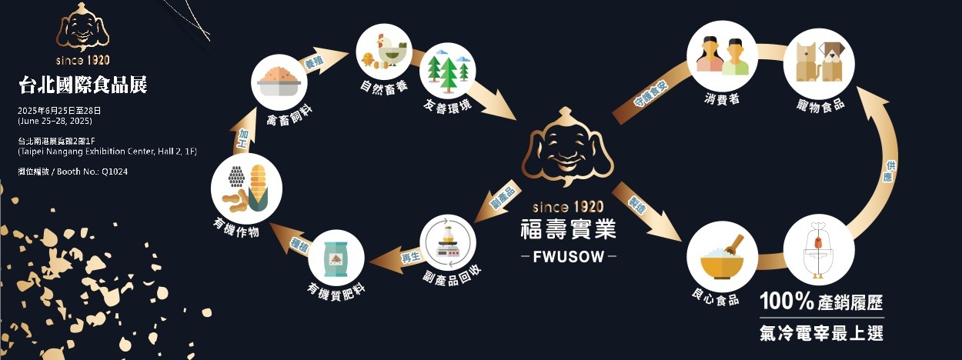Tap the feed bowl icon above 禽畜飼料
[x=279, y=82]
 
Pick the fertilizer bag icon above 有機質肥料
[x=336, y=257]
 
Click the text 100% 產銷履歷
[x=821, y=302]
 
